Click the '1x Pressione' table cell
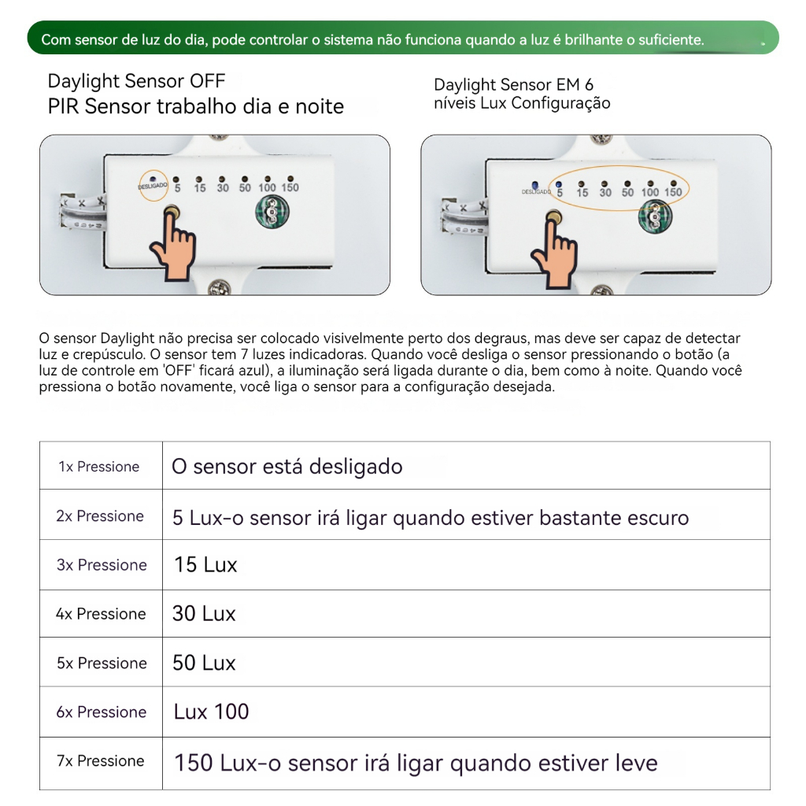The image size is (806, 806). tap(99, 467)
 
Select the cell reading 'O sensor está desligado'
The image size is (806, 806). tap(287, 467)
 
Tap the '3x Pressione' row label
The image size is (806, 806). tap(102, 565)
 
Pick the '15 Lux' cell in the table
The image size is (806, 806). tap(205, 565)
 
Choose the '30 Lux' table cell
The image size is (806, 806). tap(204, 614)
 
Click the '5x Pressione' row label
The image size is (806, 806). tap(102, 663)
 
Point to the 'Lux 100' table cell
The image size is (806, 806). tap(211, 712)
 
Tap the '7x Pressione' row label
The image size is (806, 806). tap(100, 761)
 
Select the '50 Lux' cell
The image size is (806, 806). tap(204, 663)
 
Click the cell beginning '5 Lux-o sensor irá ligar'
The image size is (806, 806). tap(431, 517)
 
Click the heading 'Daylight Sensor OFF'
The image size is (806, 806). tap(136, 81)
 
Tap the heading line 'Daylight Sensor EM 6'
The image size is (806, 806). tap(513, 84)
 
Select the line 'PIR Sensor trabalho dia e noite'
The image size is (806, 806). tap(195, 106)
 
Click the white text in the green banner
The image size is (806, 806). tap(372, 39)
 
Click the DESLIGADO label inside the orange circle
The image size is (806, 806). tap(153, 187)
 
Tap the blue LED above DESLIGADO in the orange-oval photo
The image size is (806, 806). tap(535, 183)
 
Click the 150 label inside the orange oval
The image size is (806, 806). tap(673, 192)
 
